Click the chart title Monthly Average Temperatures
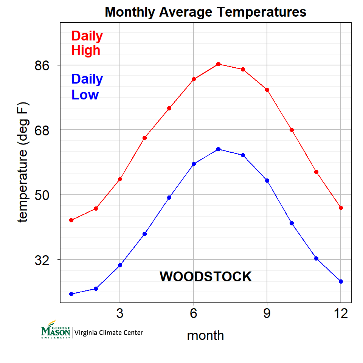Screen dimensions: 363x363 [205, 12]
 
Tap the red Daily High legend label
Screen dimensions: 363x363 [87, 43]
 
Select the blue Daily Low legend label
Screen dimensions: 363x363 [87, 87]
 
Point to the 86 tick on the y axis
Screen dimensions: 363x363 [42, 65]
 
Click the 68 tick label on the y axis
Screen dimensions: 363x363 [42, 130]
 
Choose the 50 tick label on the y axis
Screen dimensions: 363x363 [42, 195]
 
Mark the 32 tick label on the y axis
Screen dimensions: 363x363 [42, 260]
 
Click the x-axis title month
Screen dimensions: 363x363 [205, 335]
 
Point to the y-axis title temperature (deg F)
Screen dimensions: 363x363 [23, 163]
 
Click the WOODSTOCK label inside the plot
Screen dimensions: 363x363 [205, 277]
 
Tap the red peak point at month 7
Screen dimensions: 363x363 [218, 64]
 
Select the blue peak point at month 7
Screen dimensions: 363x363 [218, 149]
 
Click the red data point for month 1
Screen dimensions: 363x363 [71, 220]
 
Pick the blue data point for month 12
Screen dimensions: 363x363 [341, 281]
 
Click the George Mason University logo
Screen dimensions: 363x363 [56, 330]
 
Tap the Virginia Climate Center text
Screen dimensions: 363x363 [109, 333]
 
